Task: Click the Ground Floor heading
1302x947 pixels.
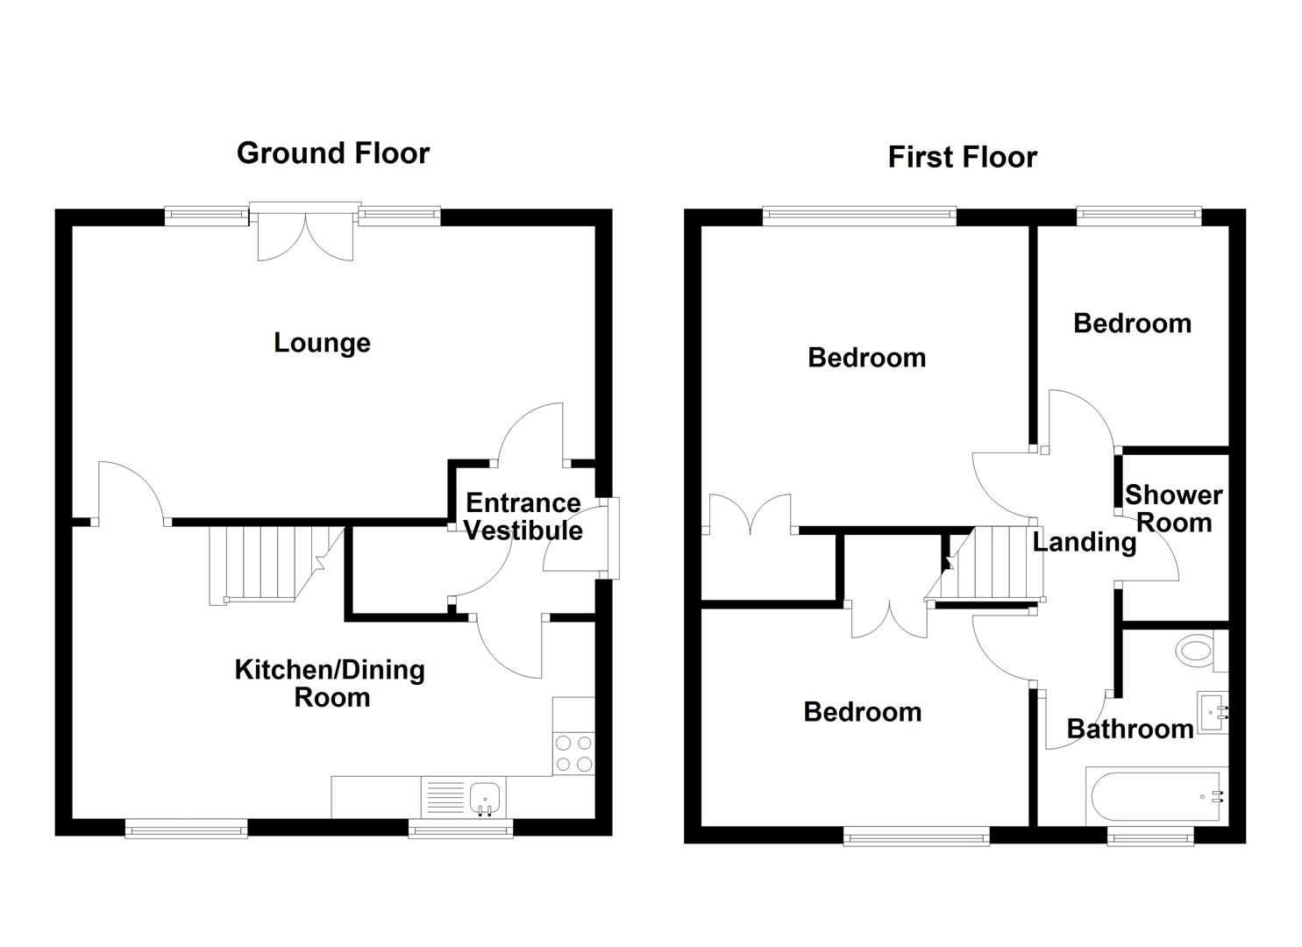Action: pos(333,153)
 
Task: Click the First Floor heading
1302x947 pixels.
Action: pos(962,158)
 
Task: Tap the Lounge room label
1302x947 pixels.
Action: pos(322,343)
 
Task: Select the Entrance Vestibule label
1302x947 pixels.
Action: pos(523,516)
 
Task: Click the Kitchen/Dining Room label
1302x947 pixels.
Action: pos(331,683)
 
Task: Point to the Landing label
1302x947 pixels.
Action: pos(1084,542)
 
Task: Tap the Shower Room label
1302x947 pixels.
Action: pos(1173,509)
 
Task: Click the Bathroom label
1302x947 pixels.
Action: pos(1129,729)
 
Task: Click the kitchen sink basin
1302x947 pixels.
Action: pos(485,798)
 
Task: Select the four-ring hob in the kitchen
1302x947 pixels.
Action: pos(574,753)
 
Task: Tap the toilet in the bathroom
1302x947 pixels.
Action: pos(1194,651)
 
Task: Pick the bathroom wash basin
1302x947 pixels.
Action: pos(1213,712)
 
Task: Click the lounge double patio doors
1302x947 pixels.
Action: pos(305,232)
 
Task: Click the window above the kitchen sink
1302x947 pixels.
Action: pos(461,829)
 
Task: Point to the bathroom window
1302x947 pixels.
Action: pos(1151,838)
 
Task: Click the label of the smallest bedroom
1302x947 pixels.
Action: pos(1132,324)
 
